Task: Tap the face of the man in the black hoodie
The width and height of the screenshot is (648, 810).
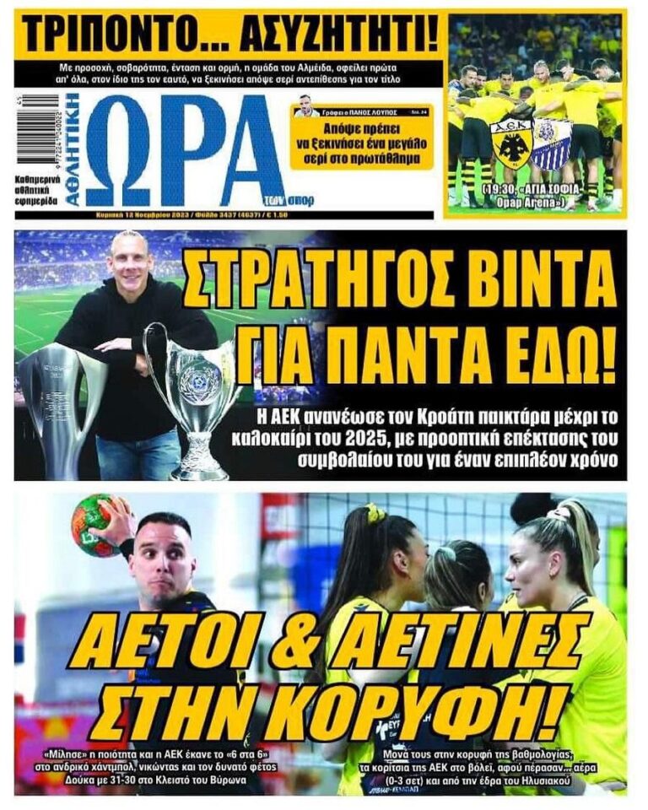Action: [x=131, y=262]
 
